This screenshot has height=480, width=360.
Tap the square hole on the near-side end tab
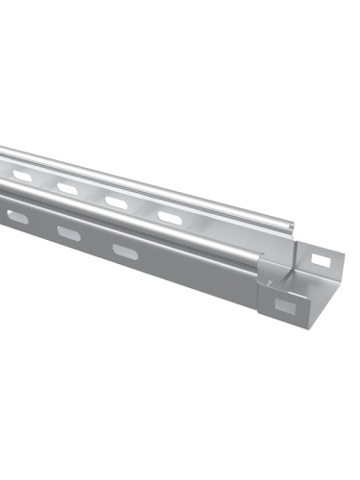click(285, 307)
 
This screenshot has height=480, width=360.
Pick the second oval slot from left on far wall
click(66, 189)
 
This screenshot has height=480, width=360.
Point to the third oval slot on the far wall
click(116, 203)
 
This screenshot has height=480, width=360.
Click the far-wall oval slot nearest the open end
click(168, 218)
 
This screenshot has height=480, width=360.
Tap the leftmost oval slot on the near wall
click(17, 218)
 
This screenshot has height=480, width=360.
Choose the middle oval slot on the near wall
click(69, 232)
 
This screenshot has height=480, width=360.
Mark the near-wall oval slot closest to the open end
click(125, 251)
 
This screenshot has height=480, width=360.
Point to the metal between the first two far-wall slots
click(43, 182)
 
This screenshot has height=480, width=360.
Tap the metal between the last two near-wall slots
click(97, 242)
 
